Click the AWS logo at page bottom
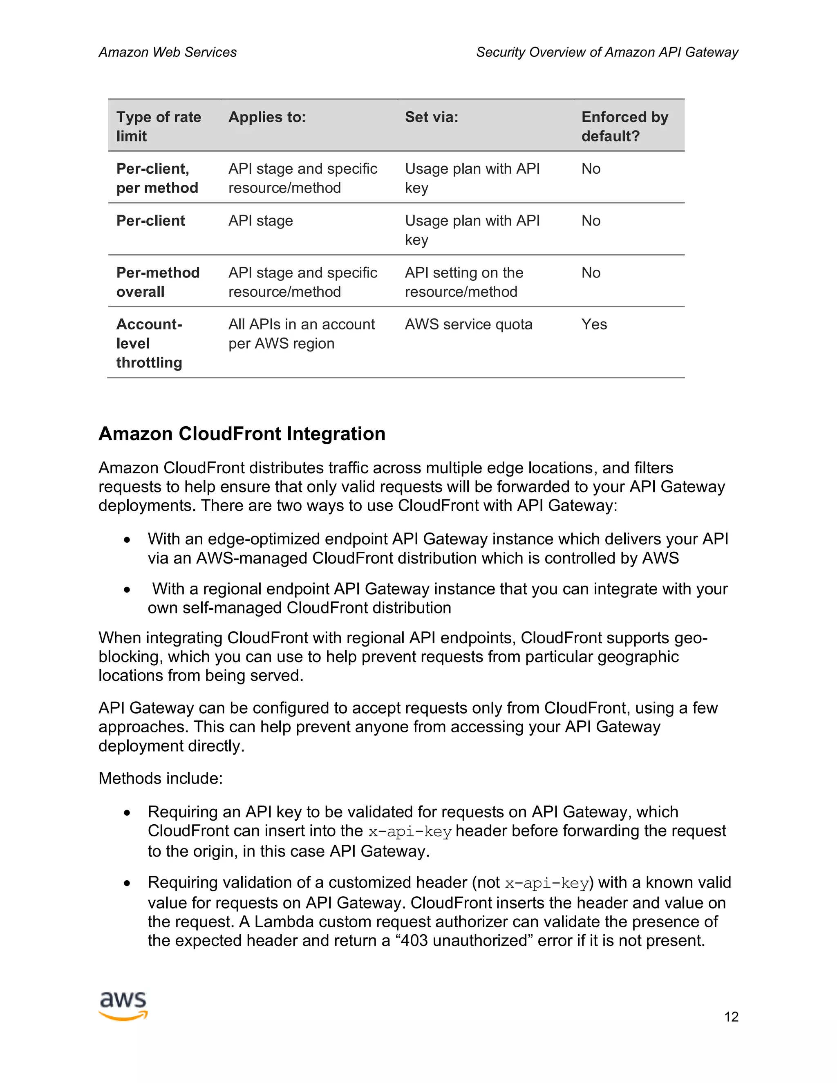pyautogui.click(x=123, y=1006)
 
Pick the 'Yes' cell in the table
pyautogui.click(x=593, y=324)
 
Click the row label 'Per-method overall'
pyautogui.click(x=158, y=282)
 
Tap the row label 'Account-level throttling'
pyautogui.click(x=149, y=343)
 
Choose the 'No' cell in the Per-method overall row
pyautogui.click(x=591, y=273)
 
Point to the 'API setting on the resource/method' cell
pyautogui.click(x=463, y=282)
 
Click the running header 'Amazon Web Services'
pyautogui.click(x=168, y=52)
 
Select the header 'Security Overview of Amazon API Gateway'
pyautogui.click(x=607, y=52)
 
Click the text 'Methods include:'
pyautogui.click(x=161, y=778)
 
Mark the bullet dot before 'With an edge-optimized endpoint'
pyautogui.click(x=128, y=539)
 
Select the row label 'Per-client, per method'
pyautogui.click(x=157, y=178)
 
